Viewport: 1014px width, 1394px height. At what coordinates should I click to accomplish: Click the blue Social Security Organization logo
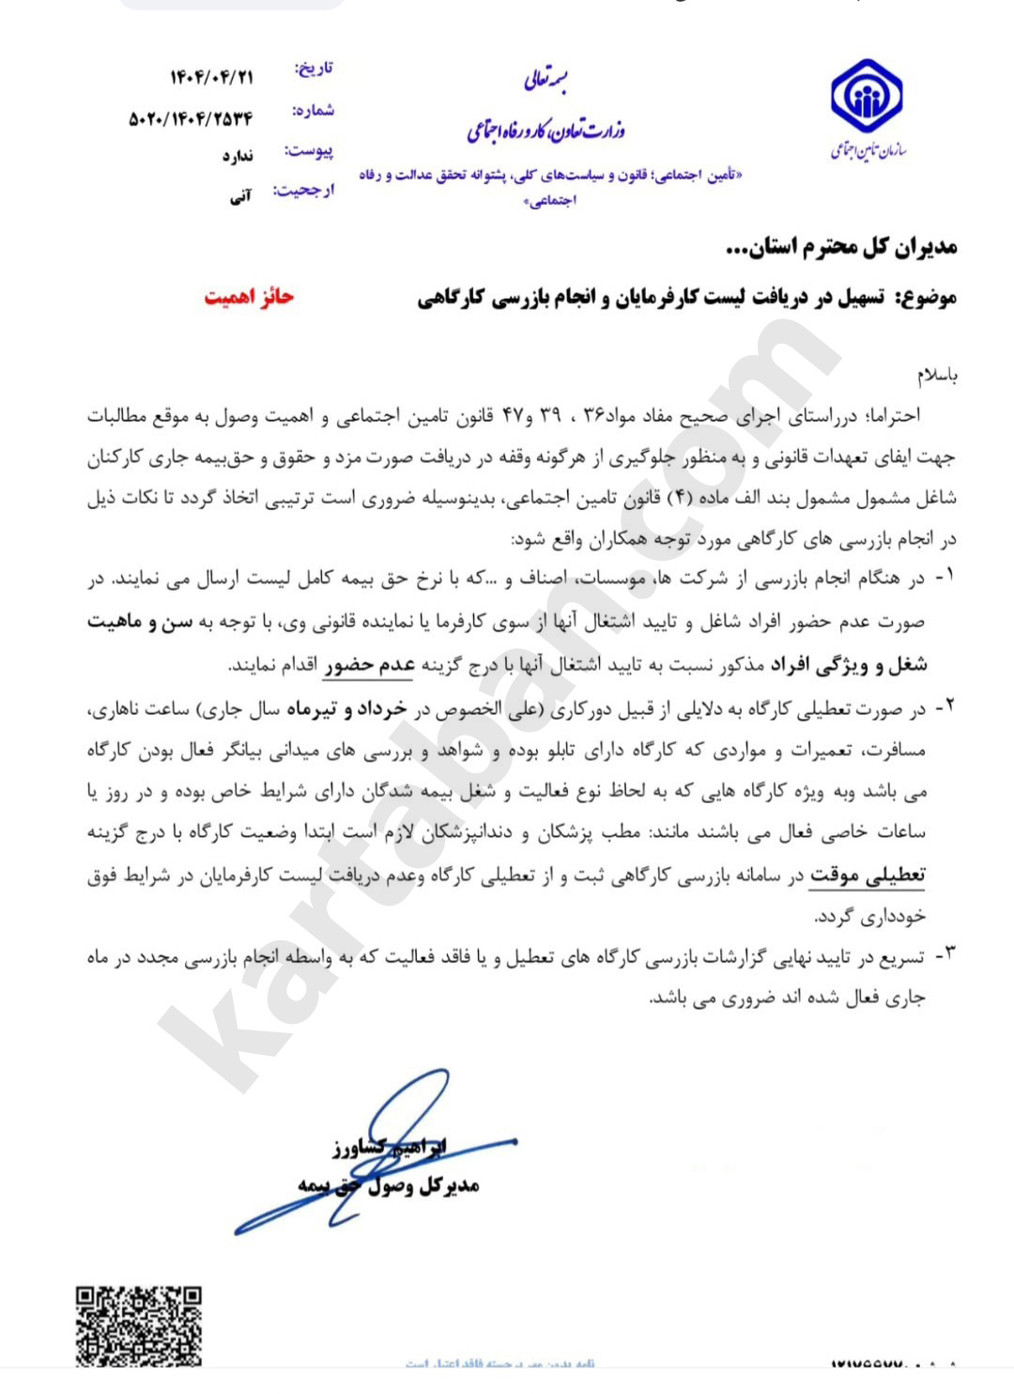tap(866, 98)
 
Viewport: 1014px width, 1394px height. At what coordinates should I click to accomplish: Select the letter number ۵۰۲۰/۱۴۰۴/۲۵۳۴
tap(191, 118)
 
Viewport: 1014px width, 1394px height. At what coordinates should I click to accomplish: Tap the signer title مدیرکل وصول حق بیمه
tap(389, 1185)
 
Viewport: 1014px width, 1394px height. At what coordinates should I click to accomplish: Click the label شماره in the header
tap(314, 111)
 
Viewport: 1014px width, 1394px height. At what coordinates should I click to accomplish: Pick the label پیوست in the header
tap(309, 151)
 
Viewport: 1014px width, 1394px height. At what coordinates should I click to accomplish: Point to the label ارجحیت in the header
tap(303, 192)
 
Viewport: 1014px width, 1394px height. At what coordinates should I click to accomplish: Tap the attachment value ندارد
tap(238, 156)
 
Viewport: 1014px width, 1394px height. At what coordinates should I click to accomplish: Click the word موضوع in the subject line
tap(927, 299)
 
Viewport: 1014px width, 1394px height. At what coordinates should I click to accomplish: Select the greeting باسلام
tap(937, 376)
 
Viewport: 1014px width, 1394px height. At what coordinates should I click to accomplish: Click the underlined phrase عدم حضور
tap(369, 665)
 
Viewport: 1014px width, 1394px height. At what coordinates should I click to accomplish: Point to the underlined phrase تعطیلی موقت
tap(868, 875)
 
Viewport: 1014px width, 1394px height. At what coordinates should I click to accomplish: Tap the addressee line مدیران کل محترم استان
tap(841, 247)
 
